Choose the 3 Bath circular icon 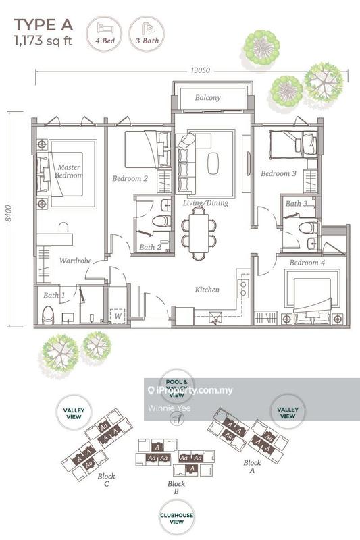(146, 33)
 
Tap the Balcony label (208, 98)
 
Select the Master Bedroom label (69, 171)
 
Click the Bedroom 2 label (130, 179)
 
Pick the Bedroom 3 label (278, 174)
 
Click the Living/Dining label (205, 202)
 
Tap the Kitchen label (207, 290)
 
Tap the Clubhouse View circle (177, 517)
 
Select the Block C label (105, 479)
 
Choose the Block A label (253, 467)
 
